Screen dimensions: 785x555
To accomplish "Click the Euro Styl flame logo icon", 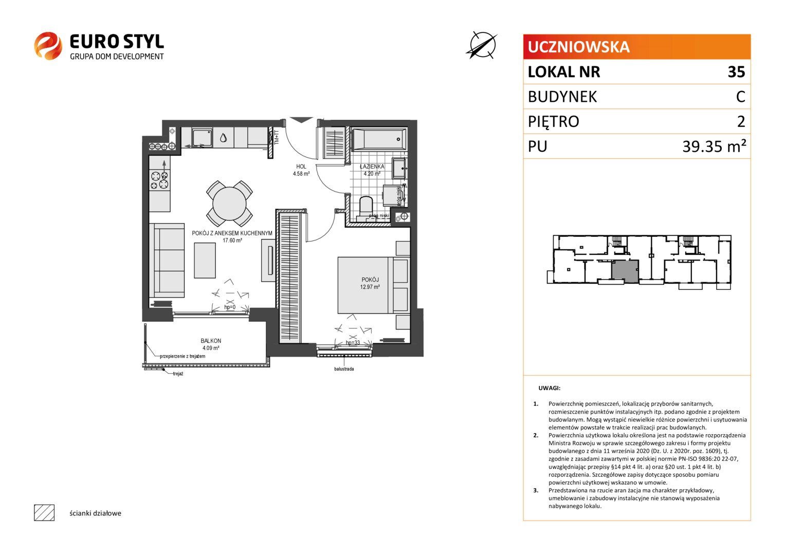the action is pyautogui.click(x=48, y=46).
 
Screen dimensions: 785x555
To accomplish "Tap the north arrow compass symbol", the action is pyautogui.click(x=482, y=45).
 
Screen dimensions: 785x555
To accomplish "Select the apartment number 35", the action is pyautogui.click(x=736, y=72).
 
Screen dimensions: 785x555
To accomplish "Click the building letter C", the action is pyautogui.click(x=740, y=97).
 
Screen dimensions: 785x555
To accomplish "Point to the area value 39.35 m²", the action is pyautogui.click(x=714, y=146).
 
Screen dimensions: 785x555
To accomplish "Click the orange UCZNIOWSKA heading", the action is pyautogui.click(x=578, y=47).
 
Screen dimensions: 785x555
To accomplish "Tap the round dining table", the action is pyautogui.click(x=229, y=203).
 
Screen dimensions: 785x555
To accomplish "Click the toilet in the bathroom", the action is pyautogui.click(x=366, y=209).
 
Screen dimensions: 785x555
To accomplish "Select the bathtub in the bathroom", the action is pyautogui.click(x=379, y=139).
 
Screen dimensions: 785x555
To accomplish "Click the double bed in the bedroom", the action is pyautogui.click(x=374, y=285).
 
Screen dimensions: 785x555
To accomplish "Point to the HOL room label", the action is pyautogui.click(x=301, y=166).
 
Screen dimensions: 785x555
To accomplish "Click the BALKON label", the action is pyautogui.click(x=211, y=341).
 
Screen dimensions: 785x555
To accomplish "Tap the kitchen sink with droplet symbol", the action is pyautogui.click(x=223, y=138).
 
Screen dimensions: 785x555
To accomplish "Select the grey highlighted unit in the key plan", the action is pyautogui.click(x=625, y=271).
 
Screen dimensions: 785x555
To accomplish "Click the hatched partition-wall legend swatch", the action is pyautogui.click(x=44, y=513).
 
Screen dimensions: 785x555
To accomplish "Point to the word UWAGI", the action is pyautogui.click(x=549, y=388).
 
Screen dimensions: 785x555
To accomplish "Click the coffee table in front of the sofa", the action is pyautogui.click(x=205, y=261).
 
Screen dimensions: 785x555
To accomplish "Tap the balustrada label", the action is pyautogui.click(x=344, y=368).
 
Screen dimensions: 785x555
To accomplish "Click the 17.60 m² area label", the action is pyautogui.click(x=232, y=240).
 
